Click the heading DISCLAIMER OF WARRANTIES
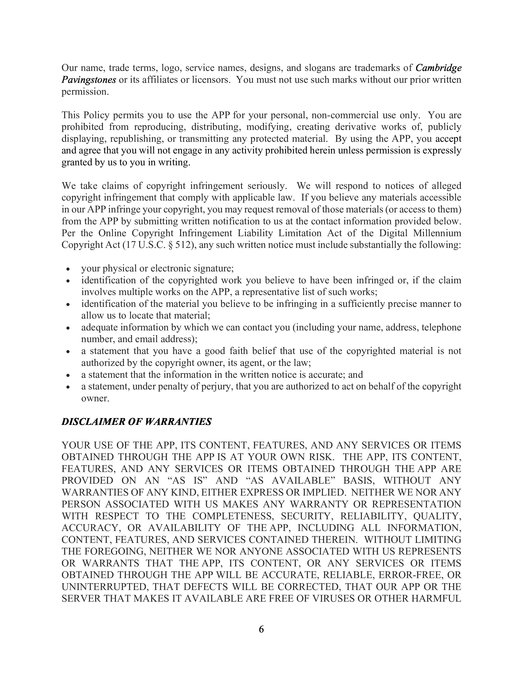point(136,421)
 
